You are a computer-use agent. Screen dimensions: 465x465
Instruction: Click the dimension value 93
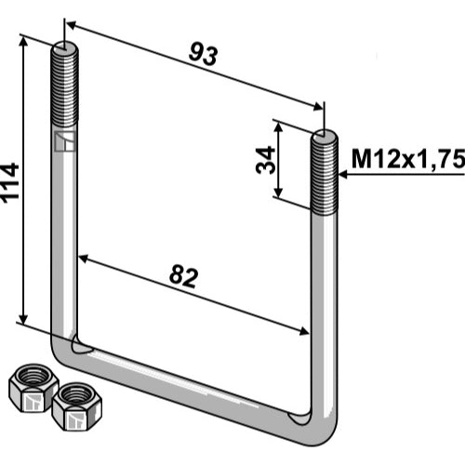pos(203,55)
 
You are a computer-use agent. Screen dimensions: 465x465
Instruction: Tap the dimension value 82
pos(183,276)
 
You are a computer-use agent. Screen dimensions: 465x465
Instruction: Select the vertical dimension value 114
pos(10,183)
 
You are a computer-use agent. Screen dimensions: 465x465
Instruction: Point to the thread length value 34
pos(266,160)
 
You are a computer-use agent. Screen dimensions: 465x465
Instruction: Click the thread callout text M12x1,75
pos(408,159)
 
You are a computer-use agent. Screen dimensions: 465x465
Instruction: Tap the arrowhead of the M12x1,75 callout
pos(343,175)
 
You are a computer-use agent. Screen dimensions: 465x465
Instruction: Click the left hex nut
pos(33,388)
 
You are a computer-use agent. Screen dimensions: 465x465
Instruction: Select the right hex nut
pos(77,406)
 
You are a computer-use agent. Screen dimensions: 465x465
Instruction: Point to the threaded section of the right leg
pos(325,175)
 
